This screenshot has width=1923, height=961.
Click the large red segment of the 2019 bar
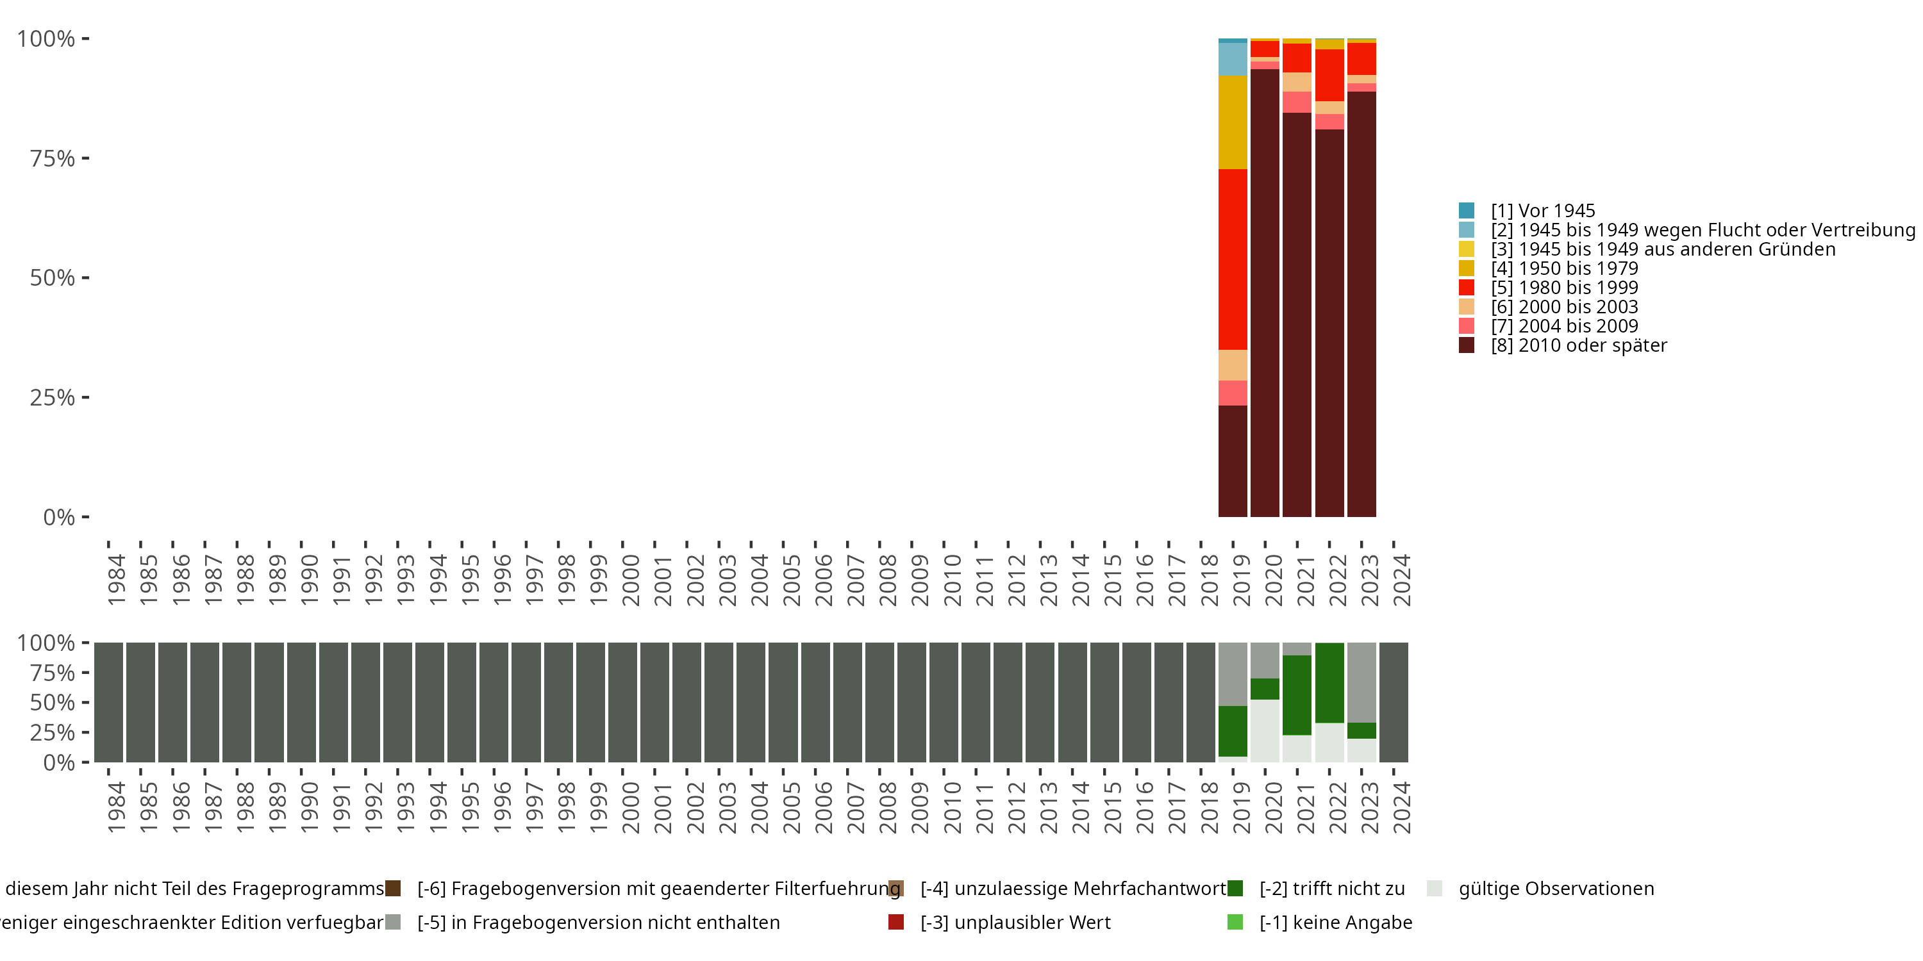pos(1233,259)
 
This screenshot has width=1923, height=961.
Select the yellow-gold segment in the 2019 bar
pos(1233,122)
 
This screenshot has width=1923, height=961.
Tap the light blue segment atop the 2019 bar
pos(1233,59)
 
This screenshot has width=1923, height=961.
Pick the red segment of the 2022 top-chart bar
pos(1329,74)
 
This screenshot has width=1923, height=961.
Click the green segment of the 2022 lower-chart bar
pos(1329,683)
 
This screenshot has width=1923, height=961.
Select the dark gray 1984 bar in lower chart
pos(108,702)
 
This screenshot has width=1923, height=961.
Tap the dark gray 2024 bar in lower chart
pos(1394,702)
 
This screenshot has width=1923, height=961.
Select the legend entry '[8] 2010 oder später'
pos(1578,345)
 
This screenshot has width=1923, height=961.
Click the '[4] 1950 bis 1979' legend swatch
pos(1466,268)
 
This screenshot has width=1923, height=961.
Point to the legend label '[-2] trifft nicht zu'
pos(1332,889)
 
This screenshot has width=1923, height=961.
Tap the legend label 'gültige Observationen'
pos(1556,889)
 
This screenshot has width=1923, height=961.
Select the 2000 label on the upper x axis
pos(631,580)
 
